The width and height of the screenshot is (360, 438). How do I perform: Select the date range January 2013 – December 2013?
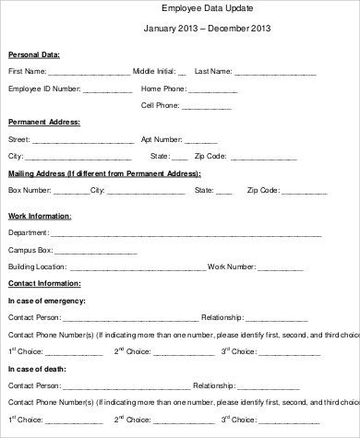click(208, 29)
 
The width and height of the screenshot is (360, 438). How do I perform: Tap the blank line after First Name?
click(89, 72)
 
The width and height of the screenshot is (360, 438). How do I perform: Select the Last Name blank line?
click(275, 72)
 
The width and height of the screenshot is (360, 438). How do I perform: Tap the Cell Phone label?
click(160, 105)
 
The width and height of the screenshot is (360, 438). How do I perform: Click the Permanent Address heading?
click(43, 122)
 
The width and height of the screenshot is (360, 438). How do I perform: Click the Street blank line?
click(84, 139)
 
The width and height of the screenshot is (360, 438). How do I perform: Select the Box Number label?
click(30, 190)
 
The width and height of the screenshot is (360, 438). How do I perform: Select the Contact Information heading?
click(43, 283)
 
